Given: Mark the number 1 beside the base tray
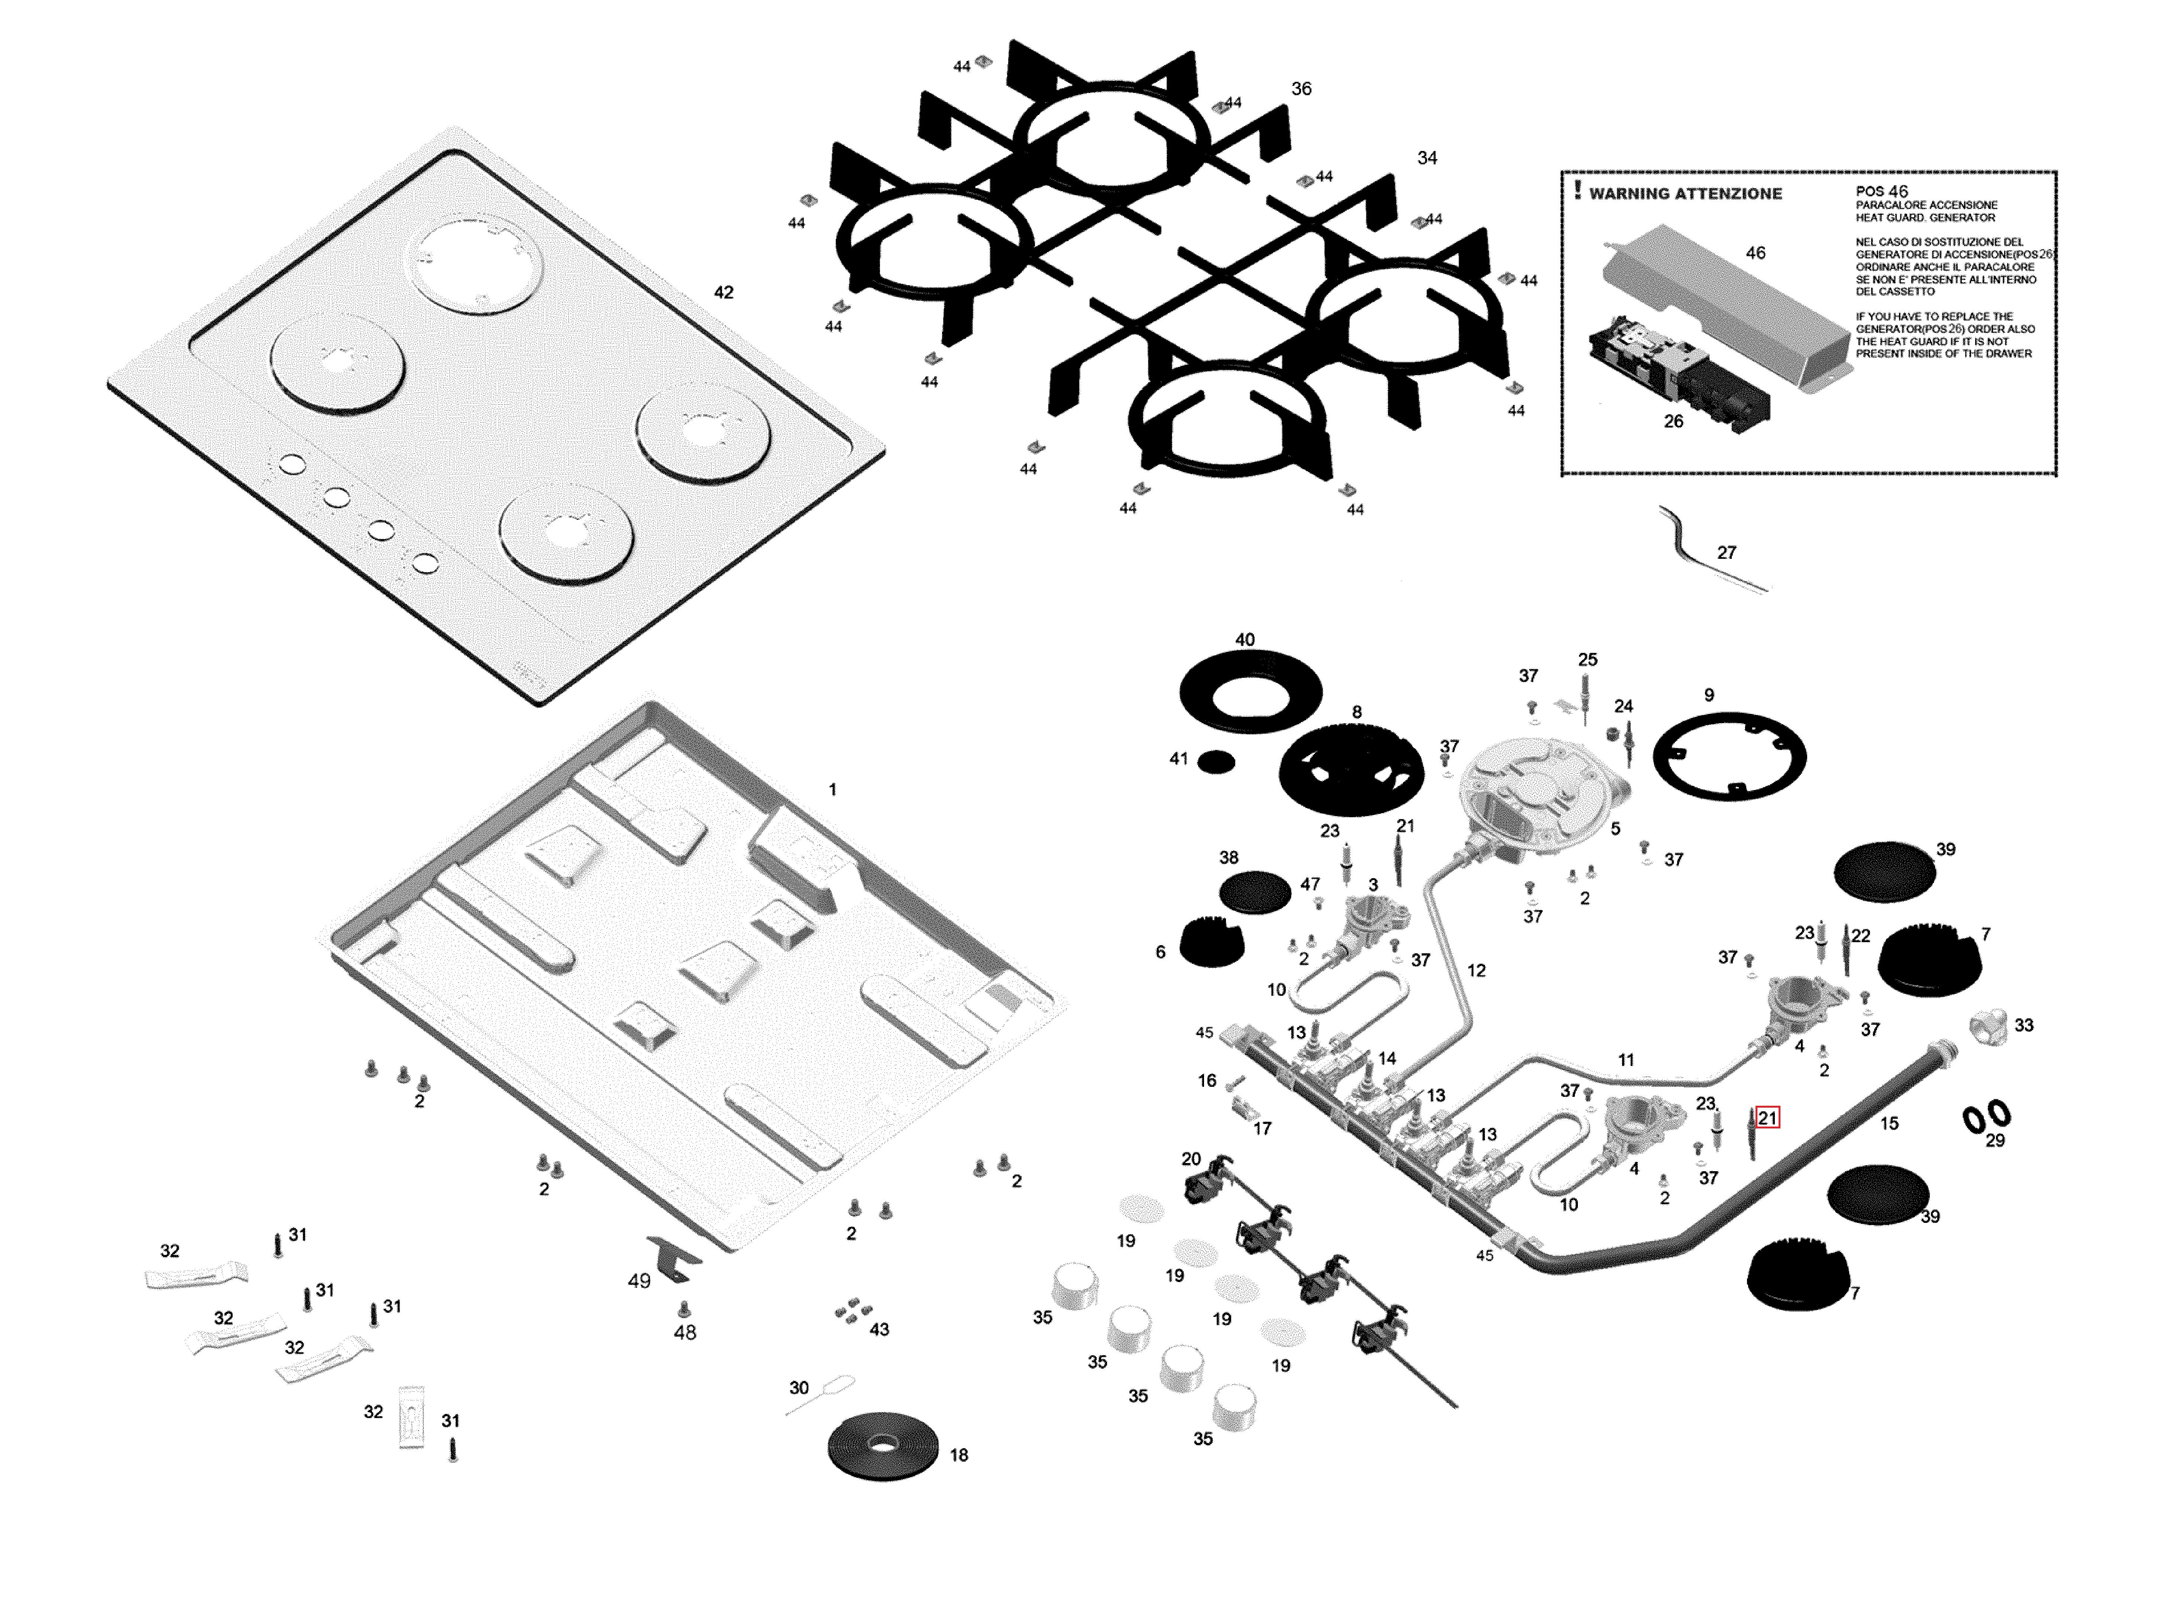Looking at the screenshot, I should [x=832, y=790].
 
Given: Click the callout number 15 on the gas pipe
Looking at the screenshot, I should [x=1889, y=1123].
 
